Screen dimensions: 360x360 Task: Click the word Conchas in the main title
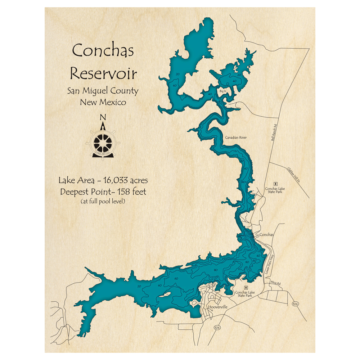tap(103, 50)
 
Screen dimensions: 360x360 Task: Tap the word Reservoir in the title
tap(103, 73)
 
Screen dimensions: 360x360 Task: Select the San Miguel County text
tap(103, 91)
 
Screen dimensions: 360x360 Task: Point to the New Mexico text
tap(103, 102)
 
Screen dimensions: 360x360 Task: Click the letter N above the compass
tap(103, 117)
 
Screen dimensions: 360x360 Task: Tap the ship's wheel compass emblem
tap(103, 143)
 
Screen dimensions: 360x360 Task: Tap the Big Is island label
tap(222, 91)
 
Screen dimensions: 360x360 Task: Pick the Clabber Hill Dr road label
tap(293, 175)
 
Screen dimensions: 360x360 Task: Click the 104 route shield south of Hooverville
tap(217, 328)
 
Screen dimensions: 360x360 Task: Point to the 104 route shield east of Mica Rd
tap(296, 304)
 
